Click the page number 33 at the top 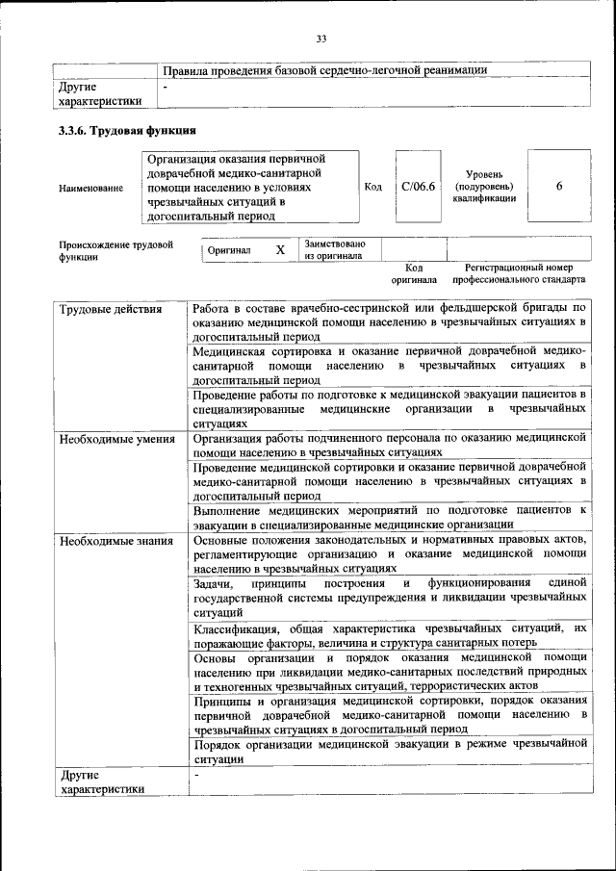tap(321, 38)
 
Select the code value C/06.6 tap(419, 187)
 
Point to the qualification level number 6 tap(559, 187)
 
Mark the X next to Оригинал tap(280, 249)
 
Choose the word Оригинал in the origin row tap(229, 250)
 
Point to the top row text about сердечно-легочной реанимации tap(324, 70)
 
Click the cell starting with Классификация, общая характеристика tap(389, 635)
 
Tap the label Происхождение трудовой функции tap(115, 250)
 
